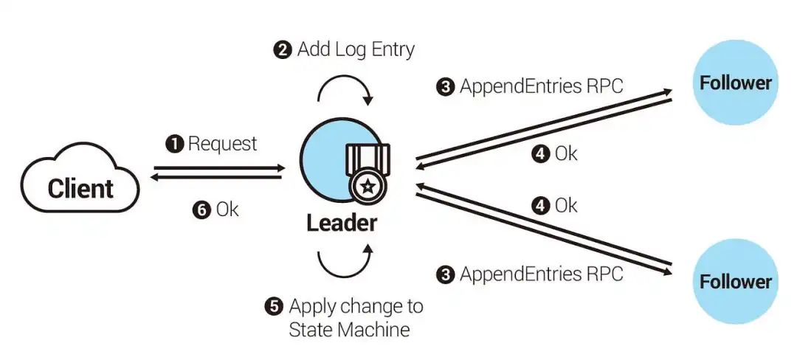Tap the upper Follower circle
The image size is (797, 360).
click(x=736, y=83)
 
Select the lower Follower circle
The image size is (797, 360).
click(x=736, y=281)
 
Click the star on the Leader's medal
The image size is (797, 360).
click(x=368, y=187)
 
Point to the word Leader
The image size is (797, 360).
click(x=342, y=223)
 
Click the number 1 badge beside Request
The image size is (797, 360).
click(x=174, y=144)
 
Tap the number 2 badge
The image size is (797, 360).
click(x=283, y=49)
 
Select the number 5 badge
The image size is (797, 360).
click(x=274, y=306)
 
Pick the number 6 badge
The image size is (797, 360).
click(x=201, y=210)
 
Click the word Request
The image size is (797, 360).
click(x=223, y=144)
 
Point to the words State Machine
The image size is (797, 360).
click(x=349, y=330)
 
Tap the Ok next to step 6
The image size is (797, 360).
click(x=227, y=210)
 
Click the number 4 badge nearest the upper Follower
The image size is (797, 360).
click(x=541, y=153)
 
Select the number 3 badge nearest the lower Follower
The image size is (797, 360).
click(x=445, y=274)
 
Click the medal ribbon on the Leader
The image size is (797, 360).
click(x=368, y=158)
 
